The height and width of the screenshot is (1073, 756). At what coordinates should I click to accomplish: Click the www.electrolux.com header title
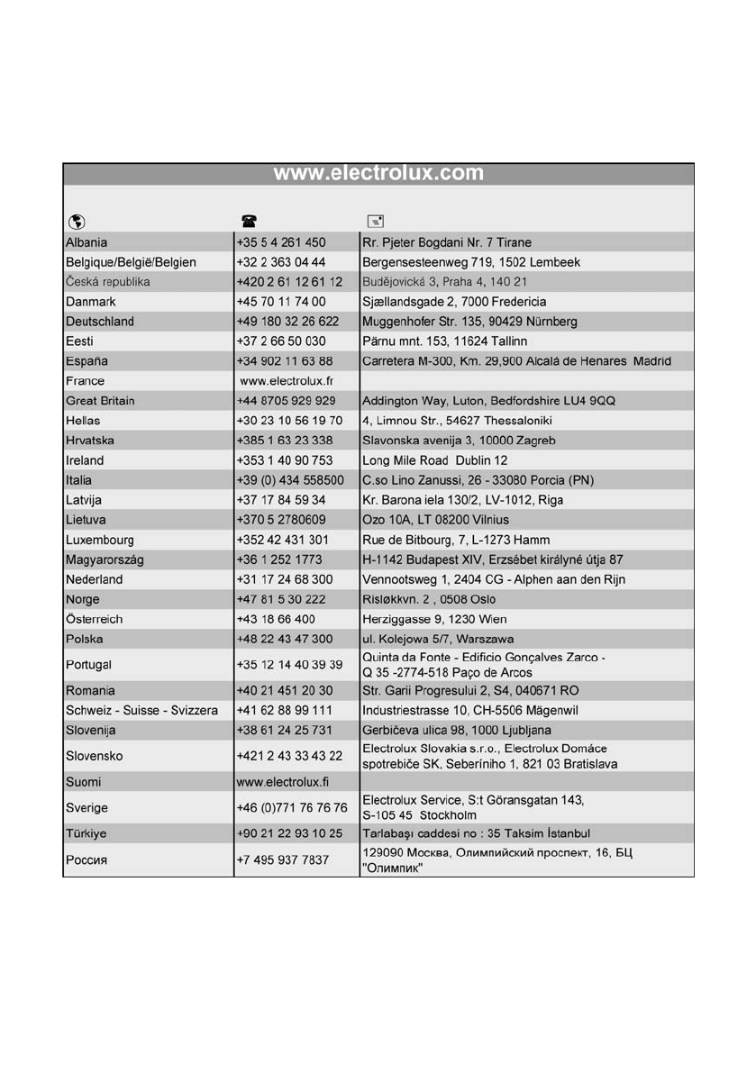tap(378, 173)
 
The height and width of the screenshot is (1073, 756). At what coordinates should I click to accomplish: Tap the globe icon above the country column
tap(76, 222)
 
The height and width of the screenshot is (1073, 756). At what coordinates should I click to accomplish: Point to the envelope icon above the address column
tap(375, 222)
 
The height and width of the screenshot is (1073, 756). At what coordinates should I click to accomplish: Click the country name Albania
tap(87, 242)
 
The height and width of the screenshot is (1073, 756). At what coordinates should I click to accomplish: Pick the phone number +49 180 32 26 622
tap(287, 322)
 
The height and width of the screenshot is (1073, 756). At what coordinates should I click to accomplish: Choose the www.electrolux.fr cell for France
tap(282, 381)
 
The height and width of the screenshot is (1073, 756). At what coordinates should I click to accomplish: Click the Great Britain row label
tap(100, 401)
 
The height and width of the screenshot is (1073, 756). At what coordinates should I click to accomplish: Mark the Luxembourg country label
tap(100, 541)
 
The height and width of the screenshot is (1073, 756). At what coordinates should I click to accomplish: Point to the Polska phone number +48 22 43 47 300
tap(285, 640)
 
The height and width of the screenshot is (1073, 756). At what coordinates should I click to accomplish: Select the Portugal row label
tap(88, 665)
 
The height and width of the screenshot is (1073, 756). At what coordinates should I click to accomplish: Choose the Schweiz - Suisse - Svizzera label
tap(141, 710)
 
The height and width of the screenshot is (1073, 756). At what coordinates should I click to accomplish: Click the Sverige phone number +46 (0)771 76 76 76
tap(292, 806)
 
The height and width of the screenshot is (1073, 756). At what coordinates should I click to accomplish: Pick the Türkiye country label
tap(87, 832)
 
